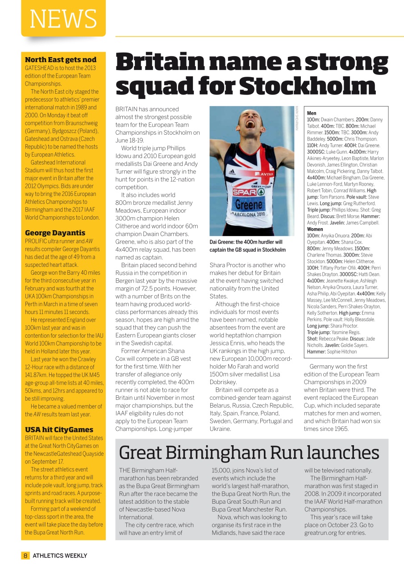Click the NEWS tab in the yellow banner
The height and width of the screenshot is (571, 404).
[63, 19]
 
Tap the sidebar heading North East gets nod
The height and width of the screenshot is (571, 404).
[60, 60]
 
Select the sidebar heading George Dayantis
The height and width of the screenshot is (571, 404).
[55, 233]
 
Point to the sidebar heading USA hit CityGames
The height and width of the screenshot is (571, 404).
[59, 430]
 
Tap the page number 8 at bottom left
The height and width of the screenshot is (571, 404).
[25, 555]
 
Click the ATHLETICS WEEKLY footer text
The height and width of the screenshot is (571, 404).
[60, 555]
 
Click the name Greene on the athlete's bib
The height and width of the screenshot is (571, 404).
[249, 204]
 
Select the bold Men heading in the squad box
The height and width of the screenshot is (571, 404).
[312, 113]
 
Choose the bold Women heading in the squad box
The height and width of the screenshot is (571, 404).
[315, 229]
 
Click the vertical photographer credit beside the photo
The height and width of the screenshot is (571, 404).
[296, 118]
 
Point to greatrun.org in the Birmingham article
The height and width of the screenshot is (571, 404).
[321, 533]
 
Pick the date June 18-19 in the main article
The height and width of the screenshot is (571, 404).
[129, 140]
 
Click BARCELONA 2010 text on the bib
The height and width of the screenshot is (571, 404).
[249, 215]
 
